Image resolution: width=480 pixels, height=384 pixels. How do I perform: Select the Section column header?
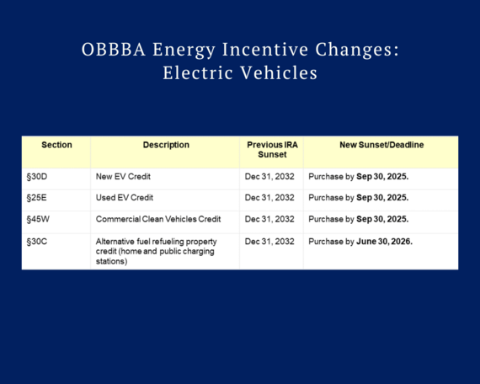click(56, 145)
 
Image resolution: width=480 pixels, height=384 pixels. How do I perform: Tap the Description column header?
click(166, 145)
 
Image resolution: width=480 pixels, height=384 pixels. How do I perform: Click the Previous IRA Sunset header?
click(270, 150)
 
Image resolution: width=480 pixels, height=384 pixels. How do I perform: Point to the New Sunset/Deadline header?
click(381, 145)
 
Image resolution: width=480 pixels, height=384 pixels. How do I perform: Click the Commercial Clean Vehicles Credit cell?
click(158, 219)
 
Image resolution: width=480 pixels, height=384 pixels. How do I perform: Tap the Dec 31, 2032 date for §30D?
click(269, 177)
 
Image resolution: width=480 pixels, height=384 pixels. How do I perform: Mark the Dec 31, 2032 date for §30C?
click(269, 241)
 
